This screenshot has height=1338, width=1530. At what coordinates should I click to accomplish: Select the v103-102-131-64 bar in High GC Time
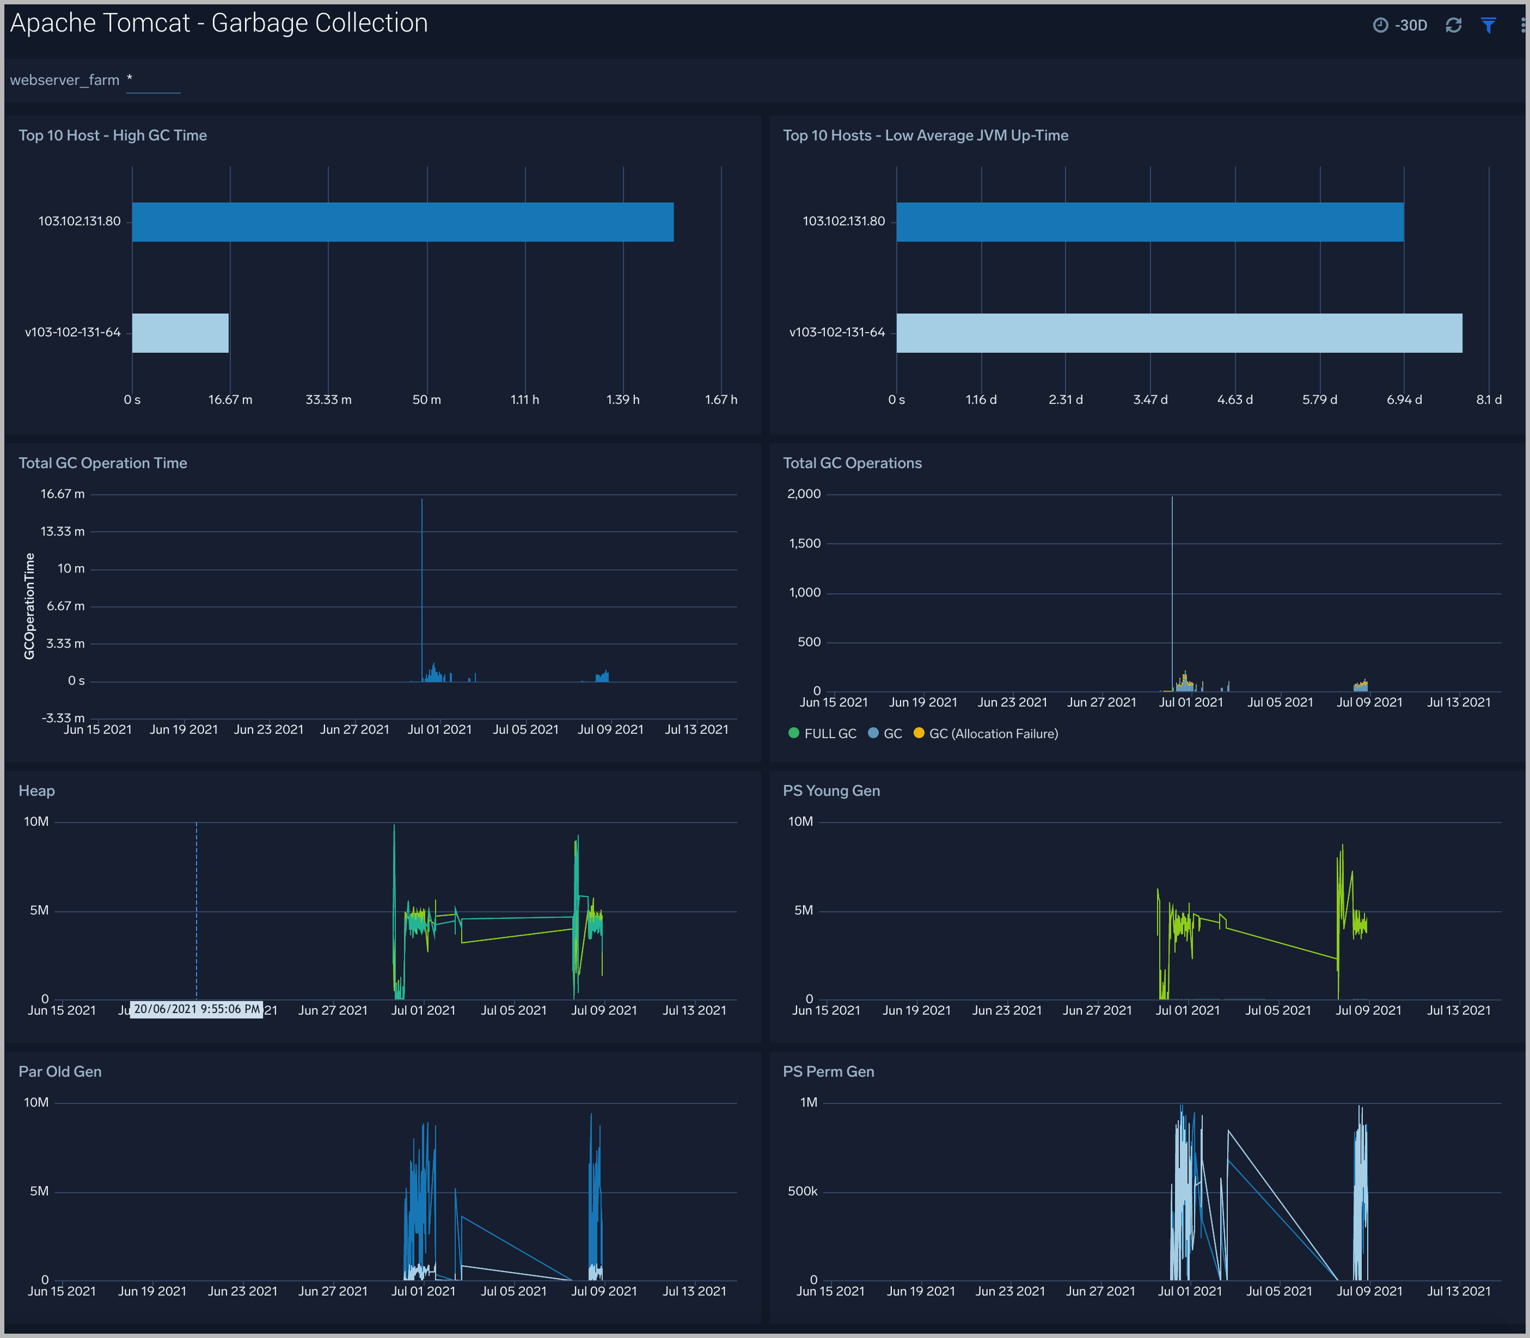pyautogui.click(x=180, y=333)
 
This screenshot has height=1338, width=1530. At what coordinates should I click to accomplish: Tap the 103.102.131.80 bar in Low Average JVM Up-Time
pyautogui.click(x=1149, y=222)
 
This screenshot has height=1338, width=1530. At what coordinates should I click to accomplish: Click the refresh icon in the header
pyautogui.click(x=1453, y=26)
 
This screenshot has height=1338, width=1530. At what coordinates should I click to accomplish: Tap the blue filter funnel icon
pyautogui.click(x=1488, y=26)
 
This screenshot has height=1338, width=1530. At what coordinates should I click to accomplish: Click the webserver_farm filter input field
pyautogui.click(x=153, y=81)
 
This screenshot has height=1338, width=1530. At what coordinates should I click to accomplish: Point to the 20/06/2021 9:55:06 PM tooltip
pyautogui.click(x=197, y=1009)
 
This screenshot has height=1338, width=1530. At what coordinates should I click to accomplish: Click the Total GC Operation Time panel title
pyautogui.click(x=103, y=463)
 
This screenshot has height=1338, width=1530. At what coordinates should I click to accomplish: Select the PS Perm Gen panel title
pyautogui.click(x=828, y=1071)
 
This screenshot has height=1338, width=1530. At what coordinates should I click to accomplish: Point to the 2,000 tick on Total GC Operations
pyautogui.click(x=804, y=494)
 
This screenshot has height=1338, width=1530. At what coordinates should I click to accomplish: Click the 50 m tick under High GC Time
pyautogui.click(x=426, y=400)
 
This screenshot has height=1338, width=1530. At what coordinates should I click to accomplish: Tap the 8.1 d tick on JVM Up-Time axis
pyautogui.click(x=1488, y=400)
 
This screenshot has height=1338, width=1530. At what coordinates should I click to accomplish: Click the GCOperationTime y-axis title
pyautogui.click(x=30, y=606)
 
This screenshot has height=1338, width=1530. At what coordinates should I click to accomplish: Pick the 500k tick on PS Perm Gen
pyautogui.click(x=803, y=1192)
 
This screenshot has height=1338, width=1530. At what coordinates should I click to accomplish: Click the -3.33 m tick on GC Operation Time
pyautogui.click(x=64, y=719)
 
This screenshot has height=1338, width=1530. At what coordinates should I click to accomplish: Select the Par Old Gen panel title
pyautogui.click(x=60, y=1071)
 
